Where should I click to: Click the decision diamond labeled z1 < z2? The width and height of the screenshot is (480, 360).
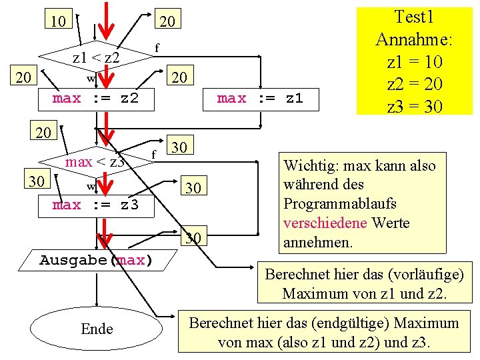click(96, 58)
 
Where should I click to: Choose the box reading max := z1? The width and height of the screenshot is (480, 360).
click(260, 99)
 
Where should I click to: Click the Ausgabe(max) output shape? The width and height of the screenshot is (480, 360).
click(96, 259)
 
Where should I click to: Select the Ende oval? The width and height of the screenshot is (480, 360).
click(97, 329)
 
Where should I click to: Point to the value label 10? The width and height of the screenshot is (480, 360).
click(58, 21)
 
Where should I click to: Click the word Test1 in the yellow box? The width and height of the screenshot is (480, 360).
click(414, 17)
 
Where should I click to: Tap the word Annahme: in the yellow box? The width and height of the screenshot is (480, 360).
click(414, 39)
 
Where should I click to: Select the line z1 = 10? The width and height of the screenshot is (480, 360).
click(414, 62)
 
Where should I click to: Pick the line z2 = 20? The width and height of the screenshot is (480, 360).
click(414, 84)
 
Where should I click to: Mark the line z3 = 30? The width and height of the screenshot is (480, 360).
click(414, 106)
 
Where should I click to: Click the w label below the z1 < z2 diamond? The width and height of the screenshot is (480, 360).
click(90, 79)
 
